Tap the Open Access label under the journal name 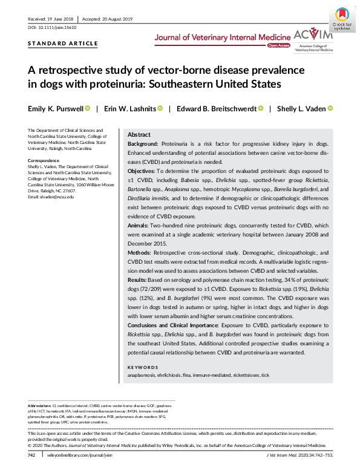[x=278, y=45]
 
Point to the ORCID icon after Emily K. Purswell [x=88, y=109]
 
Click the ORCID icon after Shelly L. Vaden [x=330, y=109]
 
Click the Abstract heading [x=139, y=135]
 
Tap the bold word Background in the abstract [x=143, y=145]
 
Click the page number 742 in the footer [x=32, y=462]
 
